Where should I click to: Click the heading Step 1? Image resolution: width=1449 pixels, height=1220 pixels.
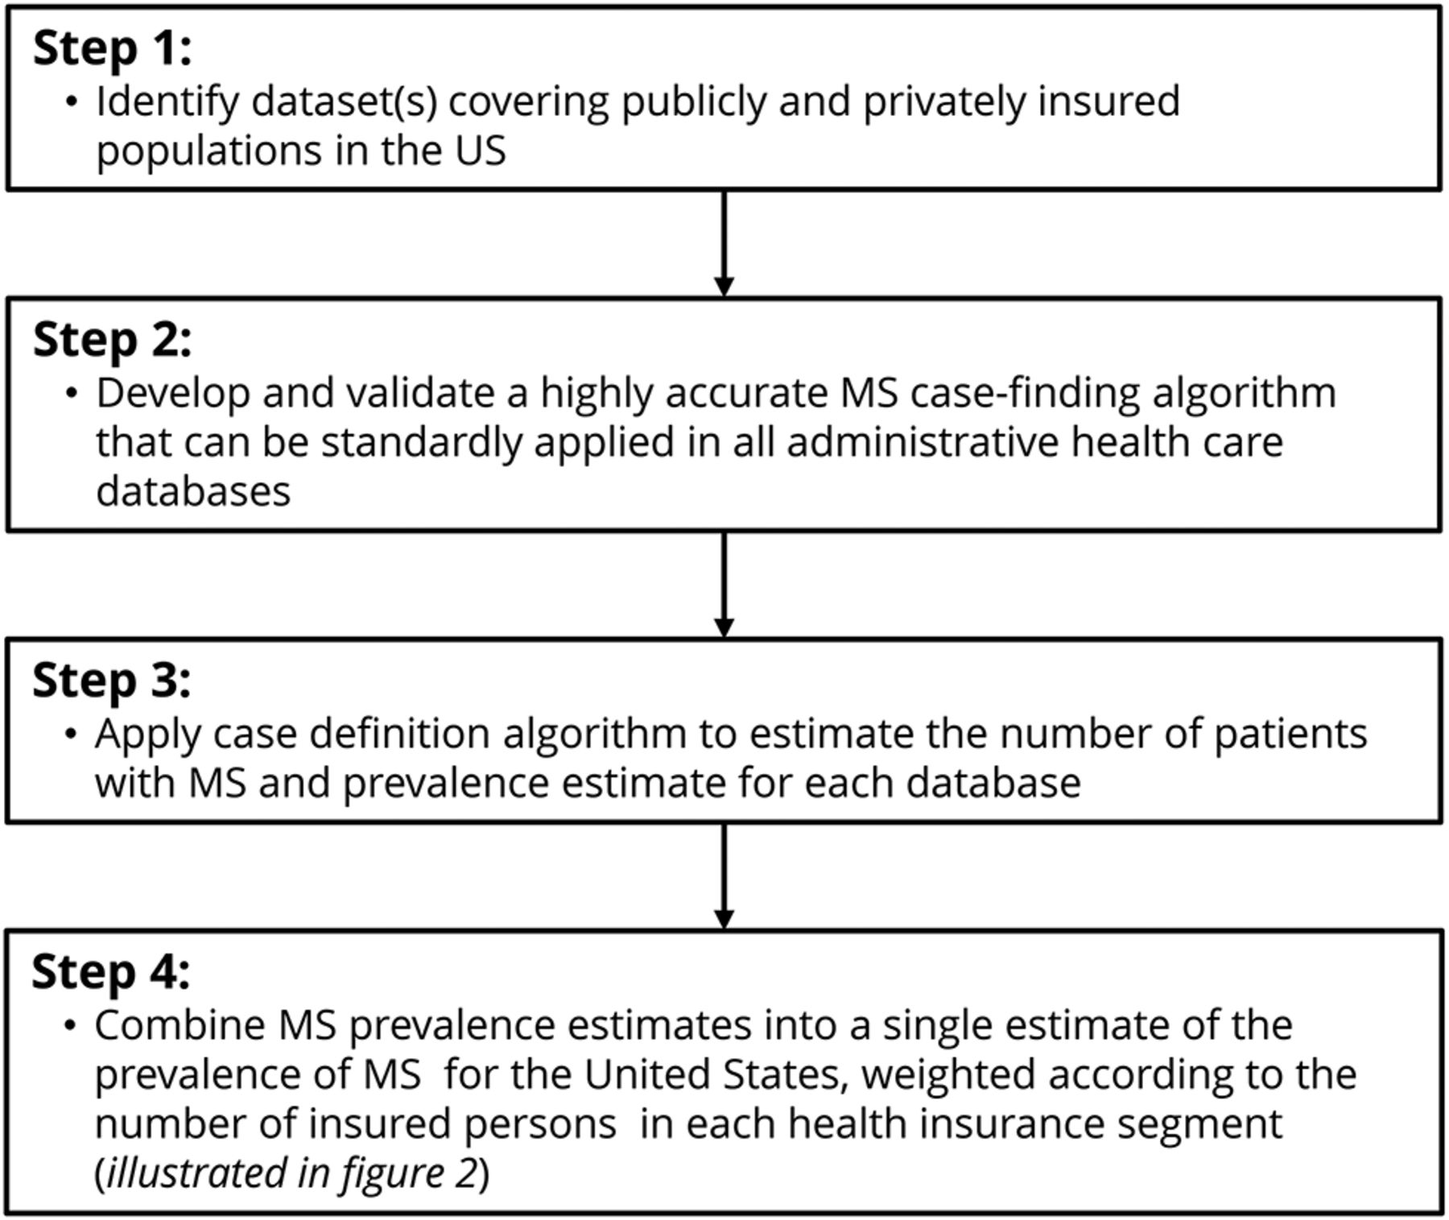point(112,48)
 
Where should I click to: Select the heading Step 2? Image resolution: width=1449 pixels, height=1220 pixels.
point(112,340)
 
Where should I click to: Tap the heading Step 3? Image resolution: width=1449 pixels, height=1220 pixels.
point(111,680)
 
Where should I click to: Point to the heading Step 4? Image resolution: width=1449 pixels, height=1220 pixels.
point(111,972)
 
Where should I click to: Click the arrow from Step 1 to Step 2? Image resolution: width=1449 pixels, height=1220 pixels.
point(724,244)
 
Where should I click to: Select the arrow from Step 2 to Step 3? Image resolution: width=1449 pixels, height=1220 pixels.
point(724,585)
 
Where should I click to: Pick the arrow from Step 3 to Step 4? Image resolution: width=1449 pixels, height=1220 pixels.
point(724,876)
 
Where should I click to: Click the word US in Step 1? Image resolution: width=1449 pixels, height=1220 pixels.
point(481,151)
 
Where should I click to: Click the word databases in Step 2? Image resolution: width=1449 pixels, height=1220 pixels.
point(193,491)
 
